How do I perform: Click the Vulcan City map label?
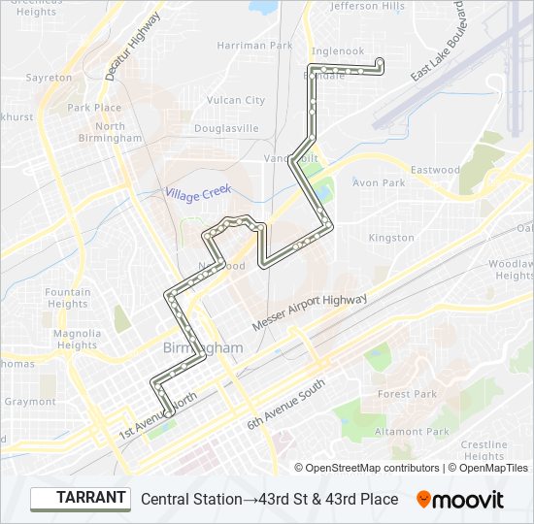tap(236, 100)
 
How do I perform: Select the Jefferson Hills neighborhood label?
tap(367, 6)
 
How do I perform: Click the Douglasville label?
tap(226, 128)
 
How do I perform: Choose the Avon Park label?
tap(379, 182)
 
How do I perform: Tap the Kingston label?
tap(391, 238)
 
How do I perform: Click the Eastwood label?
tap(435, 170)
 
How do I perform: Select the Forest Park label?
tap(407, 394)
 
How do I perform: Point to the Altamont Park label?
tap(412, 432)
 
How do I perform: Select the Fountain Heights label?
tap(68, 298)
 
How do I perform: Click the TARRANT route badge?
tap(81, 499)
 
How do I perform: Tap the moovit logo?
tap(460, 499)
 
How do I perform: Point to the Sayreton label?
tap(49, 78)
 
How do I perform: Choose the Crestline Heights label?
tap(484, 450)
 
